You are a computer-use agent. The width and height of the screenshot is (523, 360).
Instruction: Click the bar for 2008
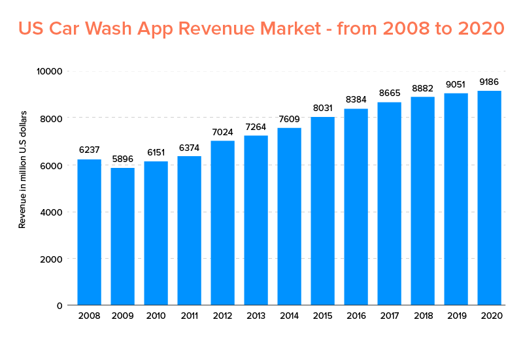point(89,232)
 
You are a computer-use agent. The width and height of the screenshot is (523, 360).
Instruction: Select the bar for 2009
point(122,236)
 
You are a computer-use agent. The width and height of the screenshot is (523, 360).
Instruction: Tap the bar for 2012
point(222,223)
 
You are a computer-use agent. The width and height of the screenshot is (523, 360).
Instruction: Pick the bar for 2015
point(322,211)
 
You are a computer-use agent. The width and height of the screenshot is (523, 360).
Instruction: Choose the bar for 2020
point(489,198)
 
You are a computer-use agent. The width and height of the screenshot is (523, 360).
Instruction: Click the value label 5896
point(122,159)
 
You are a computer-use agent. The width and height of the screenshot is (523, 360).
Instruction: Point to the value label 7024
point(222,132)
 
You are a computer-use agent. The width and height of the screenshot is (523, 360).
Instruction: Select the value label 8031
point(322,108)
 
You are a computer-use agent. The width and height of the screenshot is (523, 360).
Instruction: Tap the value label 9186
point(489,82)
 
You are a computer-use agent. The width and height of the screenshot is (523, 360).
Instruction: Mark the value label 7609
point(289,119)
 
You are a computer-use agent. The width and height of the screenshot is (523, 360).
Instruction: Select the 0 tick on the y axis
point(59,305)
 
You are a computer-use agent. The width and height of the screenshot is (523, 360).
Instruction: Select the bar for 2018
point(422,201)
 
